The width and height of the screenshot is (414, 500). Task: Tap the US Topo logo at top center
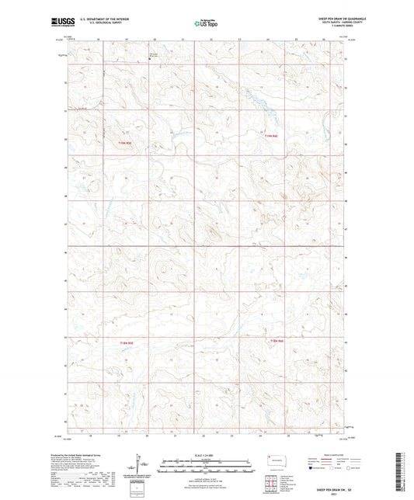tap(206, 24)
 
